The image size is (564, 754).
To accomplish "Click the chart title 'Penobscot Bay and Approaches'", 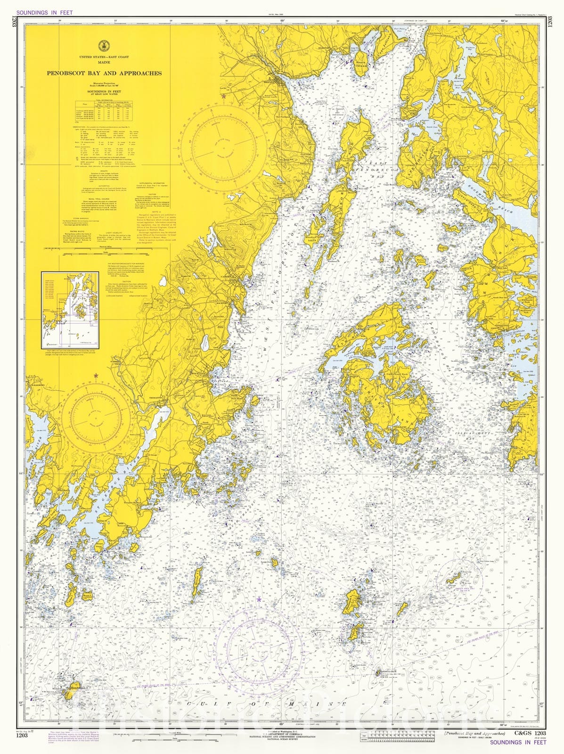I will pyautogui.click(x=104, y=73).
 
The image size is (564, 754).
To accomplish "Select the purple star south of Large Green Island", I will pyautogui.click(x=259, y=599).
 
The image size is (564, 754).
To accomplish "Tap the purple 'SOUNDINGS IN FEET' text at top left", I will pyautogui.click(x=44, y=12).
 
